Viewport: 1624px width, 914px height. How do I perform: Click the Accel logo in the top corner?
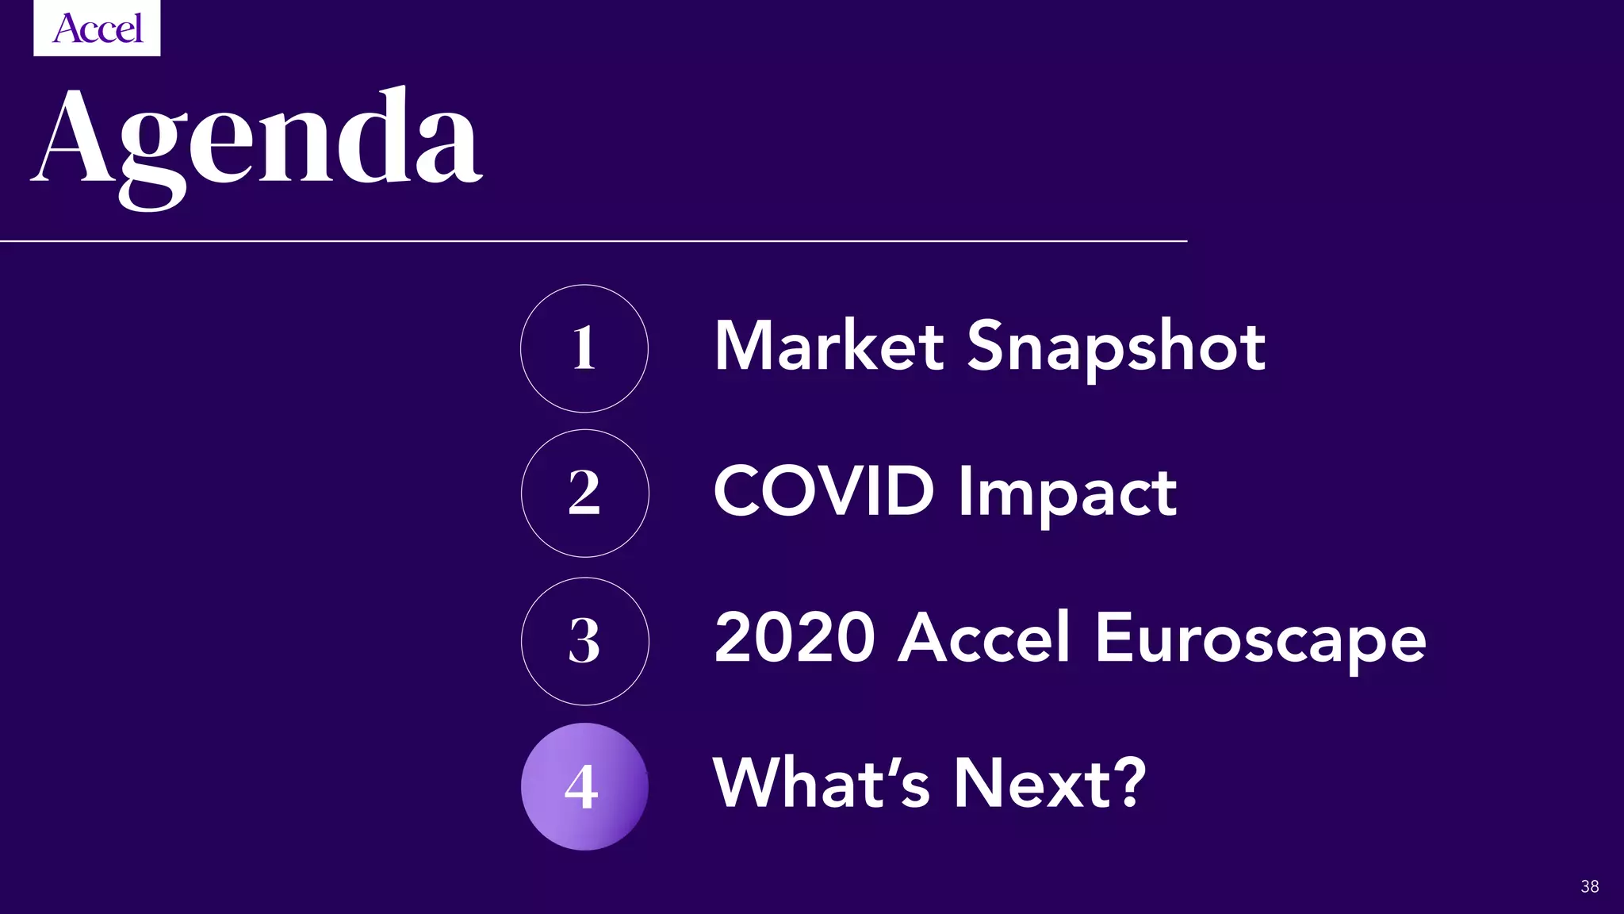(97, 29)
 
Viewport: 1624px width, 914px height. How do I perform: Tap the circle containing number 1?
(584, 348)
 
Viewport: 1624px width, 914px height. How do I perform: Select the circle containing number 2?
(584, 493)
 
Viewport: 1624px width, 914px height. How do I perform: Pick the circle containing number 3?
(584, 641)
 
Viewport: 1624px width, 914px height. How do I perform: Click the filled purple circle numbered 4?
(584, 786)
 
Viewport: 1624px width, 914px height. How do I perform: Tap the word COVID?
(824, 491)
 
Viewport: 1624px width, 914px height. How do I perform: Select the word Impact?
(1067, 493)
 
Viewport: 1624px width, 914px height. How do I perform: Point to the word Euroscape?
(1260, 639)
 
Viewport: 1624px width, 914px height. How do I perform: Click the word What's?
(822, 783)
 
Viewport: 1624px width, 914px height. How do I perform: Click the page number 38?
(1589, 886)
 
